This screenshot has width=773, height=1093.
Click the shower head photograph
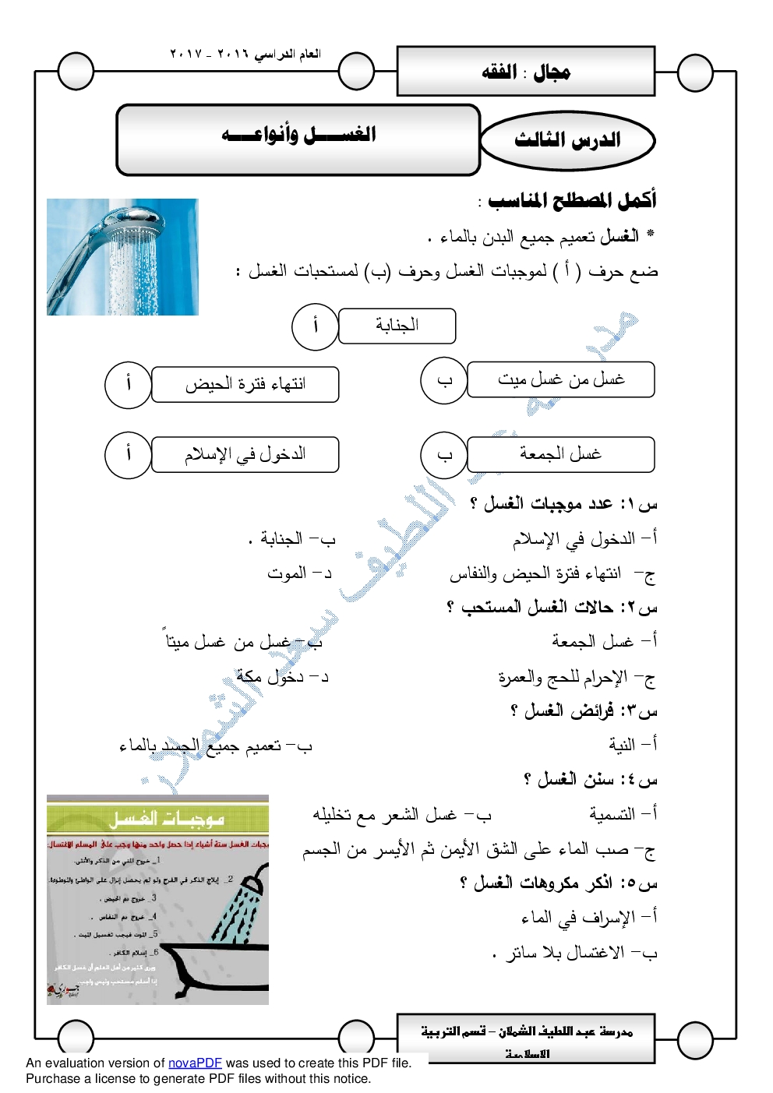click(122, 256)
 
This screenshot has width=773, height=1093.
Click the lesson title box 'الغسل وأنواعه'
click(298, 139)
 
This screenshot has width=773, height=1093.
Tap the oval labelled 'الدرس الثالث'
click(567, 140)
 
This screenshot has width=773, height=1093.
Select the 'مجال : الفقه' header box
click(526, 72)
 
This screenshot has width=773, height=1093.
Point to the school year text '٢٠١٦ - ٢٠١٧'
click(245, 54)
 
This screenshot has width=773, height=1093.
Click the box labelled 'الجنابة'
click(397, 326)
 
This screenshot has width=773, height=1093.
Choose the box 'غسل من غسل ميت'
click(560, 379)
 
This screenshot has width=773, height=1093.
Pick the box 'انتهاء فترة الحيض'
click(245, 384)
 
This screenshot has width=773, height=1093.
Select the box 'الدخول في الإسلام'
click(245, 454)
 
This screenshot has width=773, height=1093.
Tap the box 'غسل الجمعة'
click(560, 454)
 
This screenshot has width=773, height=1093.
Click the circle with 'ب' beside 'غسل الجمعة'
click(444, 455)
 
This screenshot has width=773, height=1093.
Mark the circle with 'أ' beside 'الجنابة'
click(315, 326)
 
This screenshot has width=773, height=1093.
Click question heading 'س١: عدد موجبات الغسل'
click(563, 504)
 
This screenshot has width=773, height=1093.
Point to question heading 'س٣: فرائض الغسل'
click(584, 710)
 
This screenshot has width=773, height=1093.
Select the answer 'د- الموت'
click(299, 573)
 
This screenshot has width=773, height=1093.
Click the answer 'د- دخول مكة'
click(282, 677)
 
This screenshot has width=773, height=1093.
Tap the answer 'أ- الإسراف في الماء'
click(589, 918)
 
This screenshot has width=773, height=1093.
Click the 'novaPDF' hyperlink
click(195, 1063)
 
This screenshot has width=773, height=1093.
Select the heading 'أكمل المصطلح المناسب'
click(570, 201)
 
